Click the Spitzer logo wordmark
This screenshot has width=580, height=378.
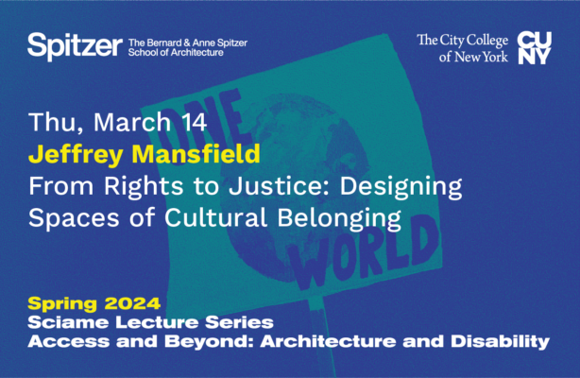(x=75, y=44)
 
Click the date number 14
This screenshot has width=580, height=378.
(x=166, y=123)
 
